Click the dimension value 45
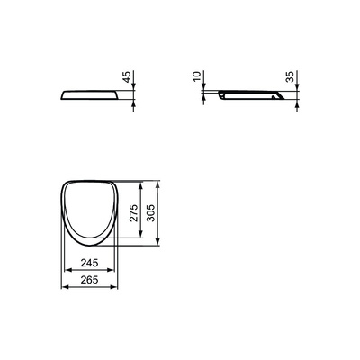(127, 76)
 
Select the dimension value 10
(197, 76)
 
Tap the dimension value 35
(290, 76)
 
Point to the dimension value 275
(134, 212)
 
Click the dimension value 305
(151, 212)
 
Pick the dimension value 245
(89, 263)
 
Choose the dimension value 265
(89, 280)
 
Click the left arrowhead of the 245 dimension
(68, 270)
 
